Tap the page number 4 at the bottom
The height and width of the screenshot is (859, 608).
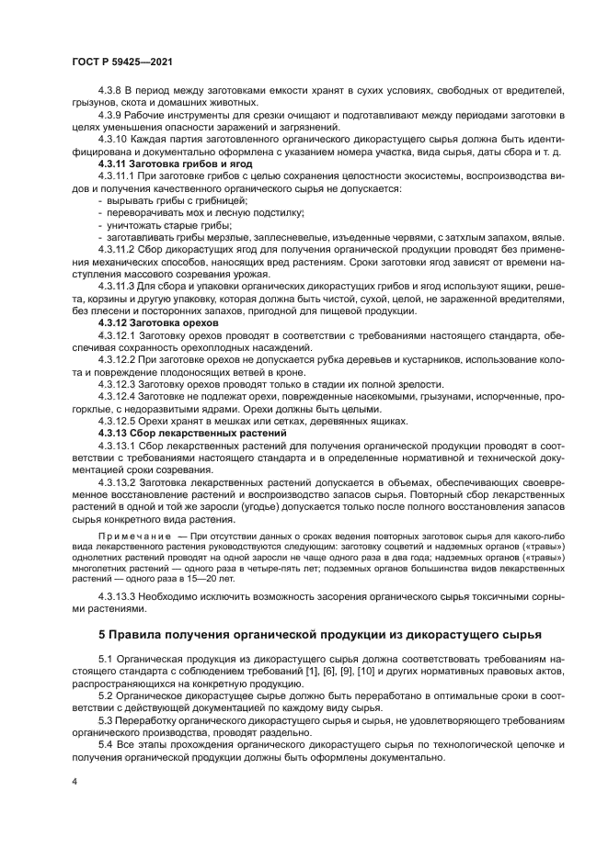(x=75, y=781)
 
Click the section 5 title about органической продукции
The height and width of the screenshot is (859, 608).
(x=320, y=634)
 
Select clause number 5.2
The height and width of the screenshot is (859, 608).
(x=107, y=696)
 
